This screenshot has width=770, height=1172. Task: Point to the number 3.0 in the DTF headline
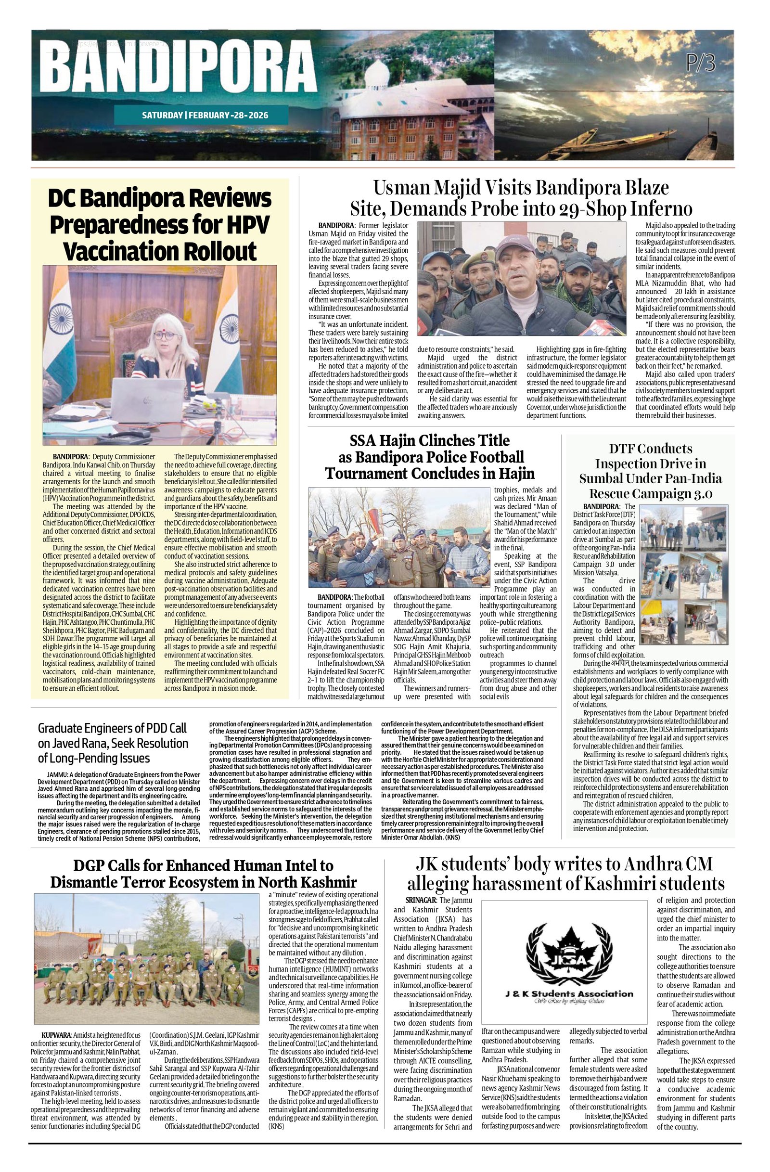click(x=697, y=493)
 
